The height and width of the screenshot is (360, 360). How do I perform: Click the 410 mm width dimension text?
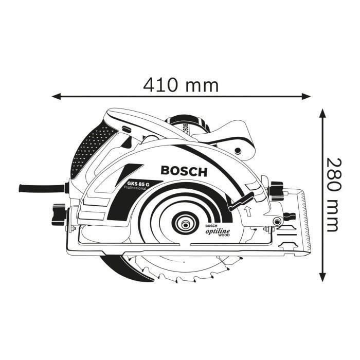point(181,84)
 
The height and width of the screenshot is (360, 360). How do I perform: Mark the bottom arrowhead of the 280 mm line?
point(322,276)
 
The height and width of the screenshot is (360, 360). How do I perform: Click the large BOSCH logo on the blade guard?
point(184,171)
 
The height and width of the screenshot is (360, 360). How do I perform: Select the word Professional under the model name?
point(135,189)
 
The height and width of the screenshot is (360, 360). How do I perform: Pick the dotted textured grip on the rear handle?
point(87,152)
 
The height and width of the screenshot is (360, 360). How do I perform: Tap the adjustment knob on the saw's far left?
point(56,212)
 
